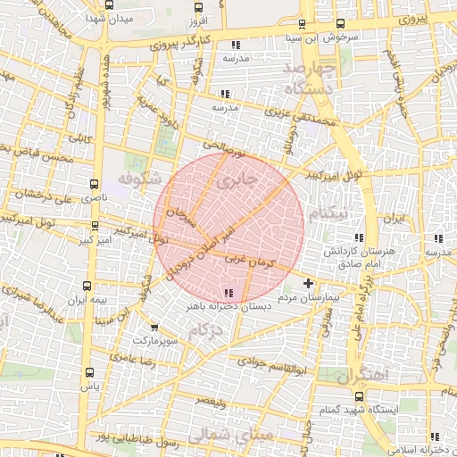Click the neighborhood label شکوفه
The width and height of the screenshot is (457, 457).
click(144, 176)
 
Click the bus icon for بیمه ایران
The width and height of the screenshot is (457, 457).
click(87, 286)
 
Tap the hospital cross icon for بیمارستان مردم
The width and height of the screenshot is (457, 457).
click(308, 283)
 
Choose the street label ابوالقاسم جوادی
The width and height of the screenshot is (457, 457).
click(272, 363)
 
